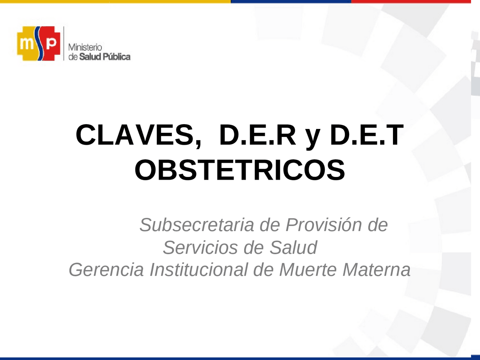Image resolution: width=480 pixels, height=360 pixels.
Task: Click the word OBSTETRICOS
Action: (x=240, y=170)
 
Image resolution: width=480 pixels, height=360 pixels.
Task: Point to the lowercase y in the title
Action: (x=312, y=137)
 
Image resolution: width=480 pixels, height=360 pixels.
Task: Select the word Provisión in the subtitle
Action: (x=324, y=225)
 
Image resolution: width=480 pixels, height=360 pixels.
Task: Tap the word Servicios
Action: (x=200, y=247)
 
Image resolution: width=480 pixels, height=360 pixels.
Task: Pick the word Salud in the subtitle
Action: (x=293, y=247)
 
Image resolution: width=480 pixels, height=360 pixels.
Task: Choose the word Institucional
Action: (x=199, y=270)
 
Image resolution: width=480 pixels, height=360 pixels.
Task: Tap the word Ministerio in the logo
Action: (x=85, y=48)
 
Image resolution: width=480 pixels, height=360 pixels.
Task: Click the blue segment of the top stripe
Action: (x=291, y=1)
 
